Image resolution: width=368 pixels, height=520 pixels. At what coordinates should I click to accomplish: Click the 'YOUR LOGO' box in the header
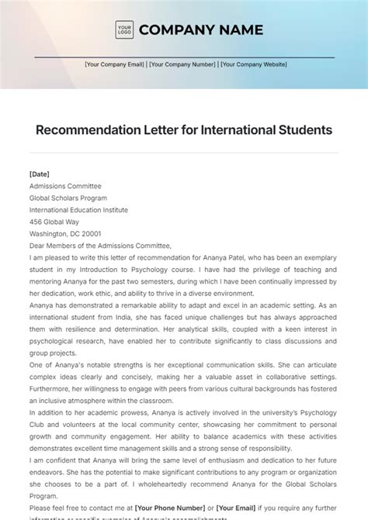click(x=124, y=30)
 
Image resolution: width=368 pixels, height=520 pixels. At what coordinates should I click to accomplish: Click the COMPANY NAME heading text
click(x=200, y=30)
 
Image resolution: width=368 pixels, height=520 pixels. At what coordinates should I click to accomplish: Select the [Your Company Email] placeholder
click(x=114, y=64)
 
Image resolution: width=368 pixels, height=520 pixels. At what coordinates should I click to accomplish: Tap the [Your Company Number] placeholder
click(x=182, y=64)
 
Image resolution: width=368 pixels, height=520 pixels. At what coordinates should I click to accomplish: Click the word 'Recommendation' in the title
click(x=85, y=129)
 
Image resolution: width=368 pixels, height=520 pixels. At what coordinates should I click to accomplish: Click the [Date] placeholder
click(x=39, y=174)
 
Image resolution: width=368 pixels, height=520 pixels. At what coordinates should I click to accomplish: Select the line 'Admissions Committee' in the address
click(x=65, y=186)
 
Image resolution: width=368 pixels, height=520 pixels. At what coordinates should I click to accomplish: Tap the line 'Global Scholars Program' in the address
click(x=68, y=198)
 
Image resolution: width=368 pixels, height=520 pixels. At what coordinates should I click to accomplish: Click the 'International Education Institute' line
click(x=78, y=210)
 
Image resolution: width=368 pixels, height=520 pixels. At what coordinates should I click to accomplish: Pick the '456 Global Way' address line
click(x=54, y=222)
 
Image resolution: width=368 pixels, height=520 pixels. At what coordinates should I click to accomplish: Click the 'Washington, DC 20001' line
click(x=65, y=233)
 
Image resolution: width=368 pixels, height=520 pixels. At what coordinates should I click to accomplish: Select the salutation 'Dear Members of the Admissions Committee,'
click(x=100, y=246)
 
